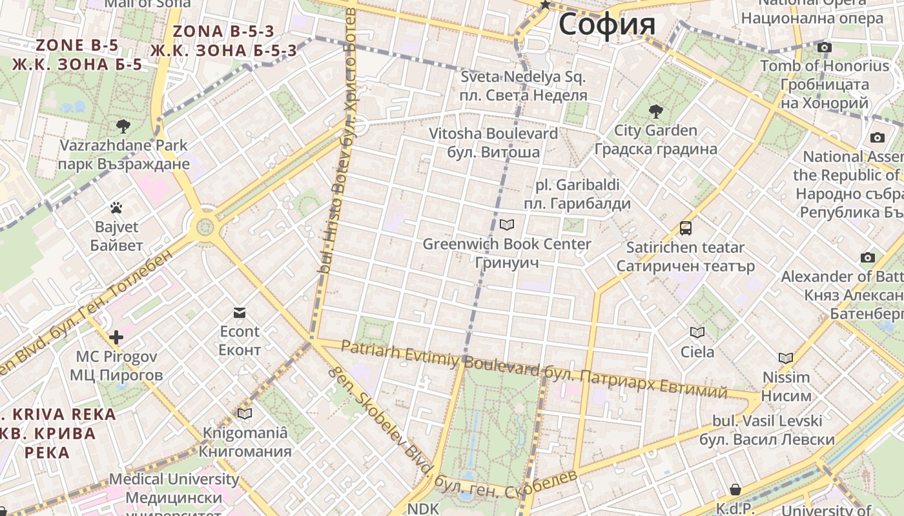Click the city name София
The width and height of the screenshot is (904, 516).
(607, 25)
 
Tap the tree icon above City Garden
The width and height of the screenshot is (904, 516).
(655, 112)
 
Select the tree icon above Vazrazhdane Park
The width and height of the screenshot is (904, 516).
(123, 126)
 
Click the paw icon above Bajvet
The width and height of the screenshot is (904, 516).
(116, 208)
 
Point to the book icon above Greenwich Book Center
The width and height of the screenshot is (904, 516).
(507, 224)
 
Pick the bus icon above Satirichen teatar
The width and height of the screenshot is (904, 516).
(685, 228)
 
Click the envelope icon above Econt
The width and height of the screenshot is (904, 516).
(240, 313)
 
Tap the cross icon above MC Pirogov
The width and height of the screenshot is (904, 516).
(116, 337)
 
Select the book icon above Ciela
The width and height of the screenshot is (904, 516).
(697, 332)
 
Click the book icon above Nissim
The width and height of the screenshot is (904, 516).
(786, 358)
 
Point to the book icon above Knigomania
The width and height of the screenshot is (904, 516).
(245, 413)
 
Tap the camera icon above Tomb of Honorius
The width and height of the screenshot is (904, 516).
(824, 47)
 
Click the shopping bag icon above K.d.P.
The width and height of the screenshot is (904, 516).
(735, 490)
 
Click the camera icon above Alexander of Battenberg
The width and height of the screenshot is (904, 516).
(868, 258)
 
